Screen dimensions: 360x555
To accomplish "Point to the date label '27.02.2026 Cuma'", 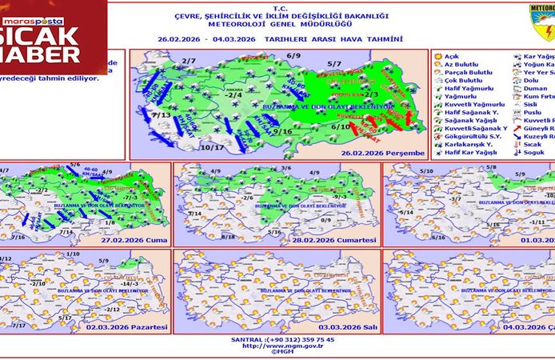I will pos(133,239).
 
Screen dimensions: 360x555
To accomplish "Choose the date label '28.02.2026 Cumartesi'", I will pos(333,239).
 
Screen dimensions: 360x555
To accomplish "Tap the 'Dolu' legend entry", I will pos(537,81).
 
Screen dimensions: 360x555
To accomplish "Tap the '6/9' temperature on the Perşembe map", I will pos(293,56).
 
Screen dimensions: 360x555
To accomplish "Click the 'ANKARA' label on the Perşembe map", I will pos(234,90).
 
